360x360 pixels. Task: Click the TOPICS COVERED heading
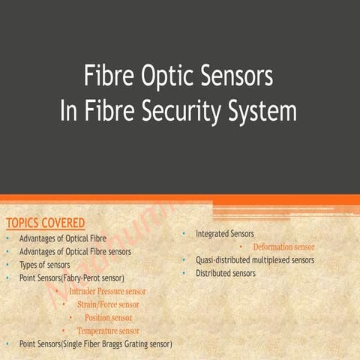pyautogui.click(x=45, y=223)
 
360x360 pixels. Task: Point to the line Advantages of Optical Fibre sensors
pyautogui.click(x=75, y=251)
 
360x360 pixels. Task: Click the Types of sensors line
pyautogui.click(x=45, y=265)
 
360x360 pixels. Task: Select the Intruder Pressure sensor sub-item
pyautogui.click(x=107, y=291)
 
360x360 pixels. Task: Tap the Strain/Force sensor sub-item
pyautogui.click(x=107, y=304)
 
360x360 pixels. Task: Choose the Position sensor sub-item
pyautogui.click(x=108, y=317)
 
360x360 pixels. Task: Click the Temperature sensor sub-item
pyautogui.click(x=108, y=331)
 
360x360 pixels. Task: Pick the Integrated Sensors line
pyautogui.click(x=225, y=234)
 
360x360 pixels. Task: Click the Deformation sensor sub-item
pyautogui.click(x=283, y=247)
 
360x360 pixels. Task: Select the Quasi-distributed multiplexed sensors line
pyautogui.click(x=255, y=260)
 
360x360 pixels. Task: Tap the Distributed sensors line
pyautogui.click(x=226, y=273)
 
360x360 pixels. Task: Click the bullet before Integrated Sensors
pyautogui.click(x=184, y=235)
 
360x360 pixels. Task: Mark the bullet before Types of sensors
pyautogui.click(x=8, y=265)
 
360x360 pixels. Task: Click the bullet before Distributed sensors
pyautogui.click(x=184, y=273)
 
